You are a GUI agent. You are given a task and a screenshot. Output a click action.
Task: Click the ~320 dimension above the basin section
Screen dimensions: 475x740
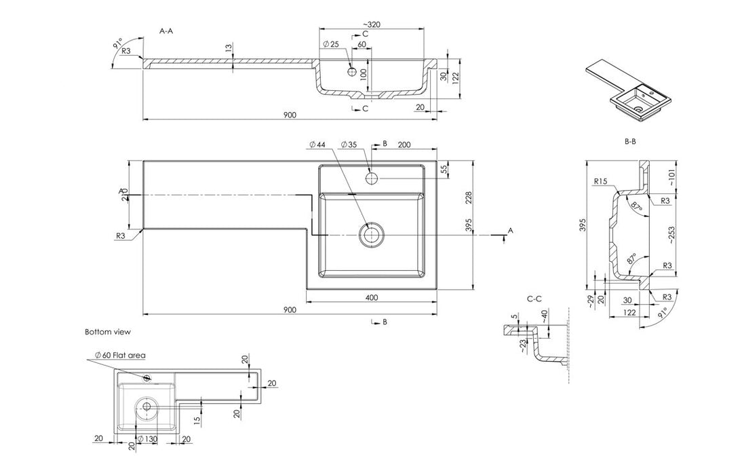[x=370, y=24]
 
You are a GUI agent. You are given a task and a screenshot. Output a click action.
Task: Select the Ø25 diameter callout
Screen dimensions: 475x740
[x=331, y=44]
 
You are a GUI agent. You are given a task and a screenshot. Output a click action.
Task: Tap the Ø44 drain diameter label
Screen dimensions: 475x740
[x=317, y=145]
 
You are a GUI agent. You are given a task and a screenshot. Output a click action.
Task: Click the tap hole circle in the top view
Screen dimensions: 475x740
[x=372, y=178]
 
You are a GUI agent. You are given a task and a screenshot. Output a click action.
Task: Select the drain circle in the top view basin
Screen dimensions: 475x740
[x=370, y=234]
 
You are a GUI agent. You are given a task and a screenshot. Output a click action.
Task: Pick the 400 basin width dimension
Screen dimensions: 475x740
[x=371, y=297]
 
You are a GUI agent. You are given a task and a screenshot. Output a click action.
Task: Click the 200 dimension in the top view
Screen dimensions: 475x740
[x=405, y=145]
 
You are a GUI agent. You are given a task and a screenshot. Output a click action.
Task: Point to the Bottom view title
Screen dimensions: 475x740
[x=107, y=332]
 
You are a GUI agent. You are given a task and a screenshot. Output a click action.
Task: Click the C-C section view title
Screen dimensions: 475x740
[x=534, y=298]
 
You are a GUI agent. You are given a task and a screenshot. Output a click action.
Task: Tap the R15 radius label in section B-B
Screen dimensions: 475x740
[x=599, y=182]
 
